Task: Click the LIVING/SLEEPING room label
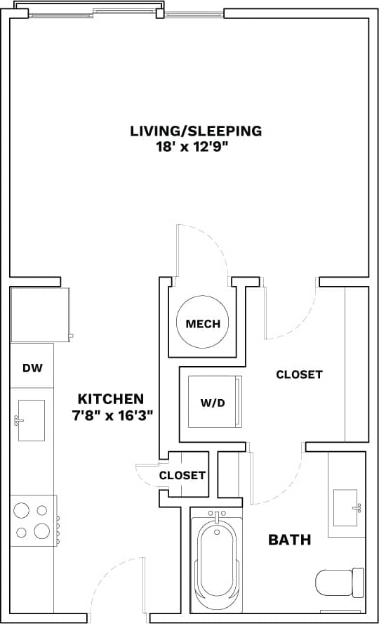coord(196,131)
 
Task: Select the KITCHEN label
coord(111,398)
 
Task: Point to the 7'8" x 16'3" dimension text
coord(112,415)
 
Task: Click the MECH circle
coord(203,324)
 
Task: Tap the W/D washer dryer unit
coord(214,402)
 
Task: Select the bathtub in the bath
coord(217,562)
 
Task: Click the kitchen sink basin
coord(32,420)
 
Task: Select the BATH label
coord(290,540)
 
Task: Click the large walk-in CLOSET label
coord(299,375)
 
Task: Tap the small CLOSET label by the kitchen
coord(182,475)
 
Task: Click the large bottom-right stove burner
coord(41,531)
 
